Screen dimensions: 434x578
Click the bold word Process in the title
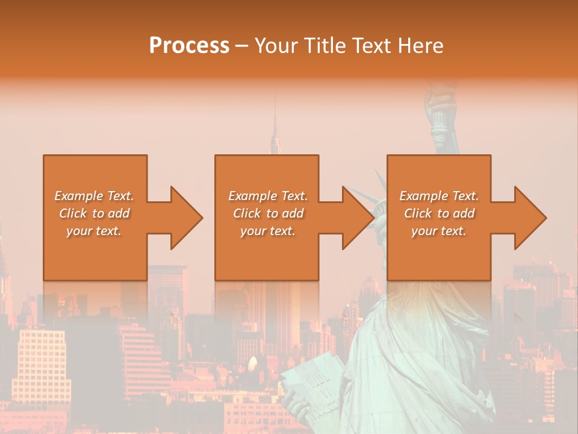point(189,45)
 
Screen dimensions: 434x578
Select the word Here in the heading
point(421,45)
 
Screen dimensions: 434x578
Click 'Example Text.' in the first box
point(95,196)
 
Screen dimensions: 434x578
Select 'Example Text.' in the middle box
point(268,196)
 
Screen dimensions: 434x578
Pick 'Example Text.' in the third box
point(439,196)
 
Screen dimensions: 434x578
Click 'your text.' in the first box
point(95,231)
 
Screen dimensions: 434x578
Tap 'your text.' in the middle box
point(268,231)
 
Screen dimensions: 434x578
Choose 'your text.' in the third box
point(439,231)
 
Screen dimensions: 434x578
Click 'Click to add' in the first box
point(95,213)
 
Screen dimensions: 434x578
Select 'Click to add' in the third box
point(439,213)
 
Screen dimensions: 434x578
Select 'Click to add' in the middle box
point(268,213)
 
